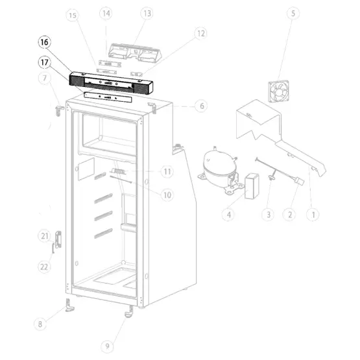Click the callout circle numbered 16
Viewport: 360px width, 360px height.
point(44,42)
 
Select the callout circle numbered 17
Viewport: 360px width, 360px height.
point(44,62)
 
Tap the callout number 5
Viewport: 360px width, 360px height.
point(293,14)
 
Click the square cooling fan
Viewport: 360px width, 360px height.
point(279,91)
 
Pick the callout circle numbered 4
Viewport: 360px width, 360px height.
point(229,215)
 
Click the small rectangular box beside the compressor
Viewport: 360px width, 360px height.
point(252,186)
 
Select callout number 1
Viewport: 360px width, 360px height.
point(313,215)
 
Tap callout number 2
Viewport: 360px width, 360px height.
point(289,215)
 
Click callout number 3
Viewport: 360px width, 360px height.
point(268,215)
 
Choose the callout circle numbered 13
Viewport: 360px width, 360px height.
point(147,14)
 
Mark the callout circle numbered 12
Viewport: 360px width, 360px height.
point(200,34)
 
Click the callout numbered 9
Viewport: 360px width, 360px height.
point(107,346)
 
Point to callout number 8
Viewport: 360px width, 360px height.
point(40,324)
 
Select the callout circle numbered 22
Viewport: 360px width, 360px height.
point(44,267)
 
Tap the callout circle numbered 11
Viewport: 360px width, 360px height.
point(167,171)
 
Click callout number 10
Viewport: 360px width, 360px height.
point(167,195)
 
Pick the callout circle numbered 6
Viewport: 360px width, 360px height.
point(202,106)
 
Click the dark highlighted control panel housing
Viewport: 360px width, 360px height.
point(111,82)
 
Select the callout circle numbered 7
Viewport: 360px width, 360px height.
point(45,78)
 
